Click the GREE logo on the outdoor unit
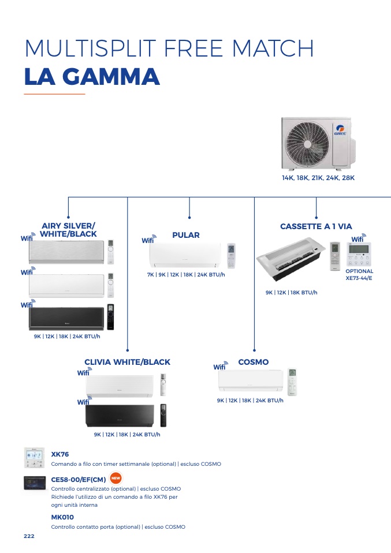pos(341,130)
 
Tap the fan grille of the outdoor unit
pos(307,144)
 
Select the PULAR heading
pos(186,236)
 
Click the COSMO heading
pos(254,362)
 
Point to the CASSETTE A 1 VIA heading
pos(316,226)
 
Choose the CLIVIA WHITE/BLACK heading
pos(128,362)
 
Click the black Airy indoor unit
pos(66,319)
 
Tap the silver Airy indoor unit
pos(66,252)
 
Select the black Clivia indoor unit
pos(120,416)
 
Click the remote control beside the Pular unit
pos(231,256)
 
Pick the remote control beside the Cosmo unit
pos(292,382)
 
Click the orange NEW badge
pos(116,478)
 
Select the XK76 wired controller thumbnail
pos(35,458)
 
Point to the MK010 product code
pos(62,517)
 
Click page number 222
pos(29,536)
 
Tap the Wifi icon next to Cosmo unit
pos(221,366)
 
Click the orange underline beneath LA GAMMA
pos(54,94)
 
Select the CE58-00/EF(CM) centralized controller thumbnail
pos(35,483)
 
